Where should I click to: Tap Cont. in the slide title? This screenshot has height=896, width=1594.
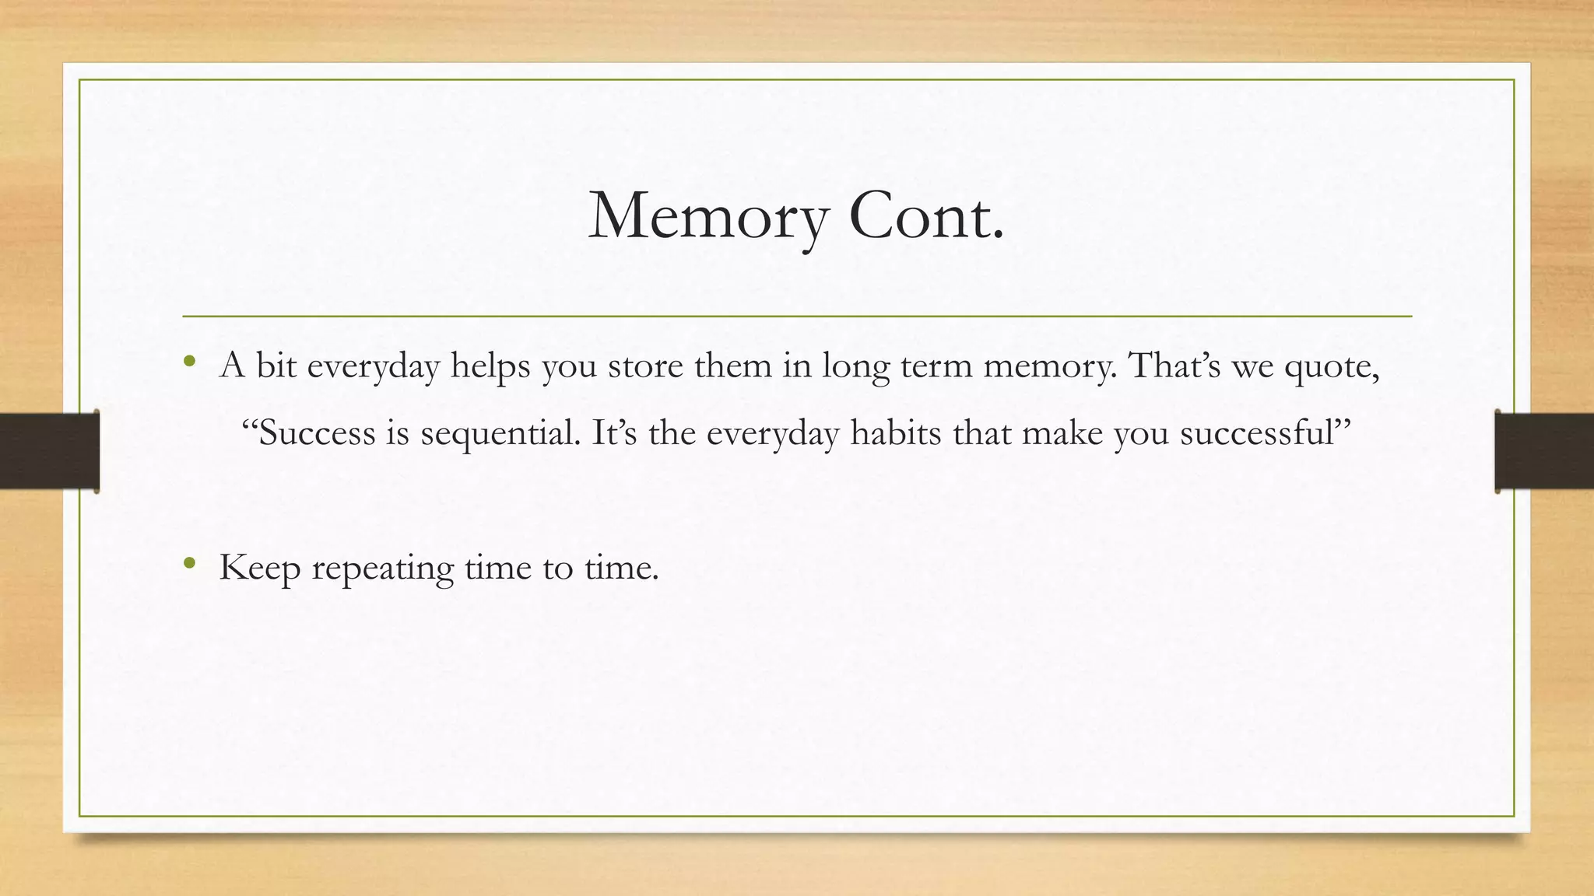click(926, 216)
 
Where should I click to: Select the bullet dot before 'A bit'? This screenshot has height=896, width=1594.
click(189, 361)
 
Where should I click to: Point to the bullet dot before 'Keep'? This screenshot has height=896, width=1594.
click(189, 562)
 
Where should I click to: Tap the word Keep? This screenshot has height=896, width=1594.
click(260, 568)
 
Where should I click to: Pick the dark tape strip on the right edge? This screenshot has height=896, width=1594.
click(1544, 451)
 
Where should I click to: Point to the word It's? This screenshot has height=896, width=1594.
click(614, 432)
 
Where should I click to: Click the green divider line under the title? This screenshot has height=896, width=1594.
click(797, 317)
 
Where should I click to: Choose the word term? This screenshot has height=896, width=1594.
click(936, 366)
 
